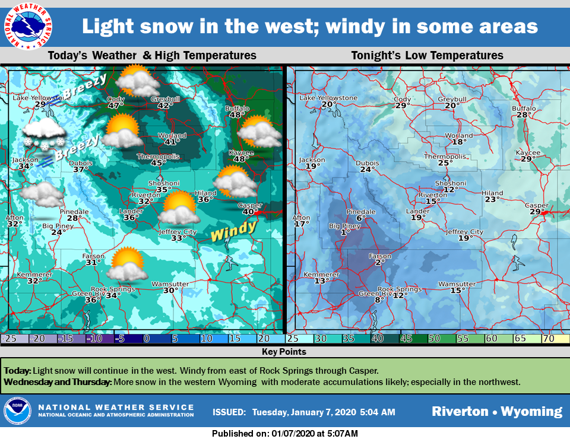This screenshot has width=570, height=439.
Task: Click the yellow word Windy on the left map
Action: (x=233, y=230)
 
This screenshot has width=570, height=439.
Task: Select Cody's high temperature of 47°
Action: (x=115, y=106)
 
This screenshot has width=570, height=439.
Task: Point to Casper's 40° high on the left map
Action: (x=249, y=212)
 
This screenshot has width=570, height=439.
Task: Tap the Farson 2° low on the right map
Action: (x=380, y=262)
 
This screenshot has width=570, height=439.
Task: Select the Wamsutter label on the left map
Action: (x=170, y=284)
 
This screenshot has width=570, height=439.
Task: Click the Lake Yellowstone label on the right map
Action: (x=328, y=98)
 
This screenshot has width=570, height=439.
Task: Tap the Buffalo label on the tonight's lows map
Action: (x=524, y=109)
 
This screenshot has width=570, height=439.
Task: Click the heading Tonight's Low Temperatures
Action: (x=427, y=56)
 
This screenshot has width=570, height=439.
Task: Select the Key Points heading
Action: (x=284, y=352)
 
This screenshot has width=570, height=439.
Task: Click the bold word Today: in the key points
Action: (x=18, y=371)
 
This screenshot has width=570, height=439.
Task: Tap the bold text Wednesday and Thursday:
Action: (x=58, y=381)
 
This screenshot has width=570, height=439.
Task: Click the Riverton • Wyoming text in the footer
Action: (x=496, y=411)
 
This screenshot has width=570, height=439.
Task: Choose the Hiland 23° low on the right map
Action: (x=492, y=199)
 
